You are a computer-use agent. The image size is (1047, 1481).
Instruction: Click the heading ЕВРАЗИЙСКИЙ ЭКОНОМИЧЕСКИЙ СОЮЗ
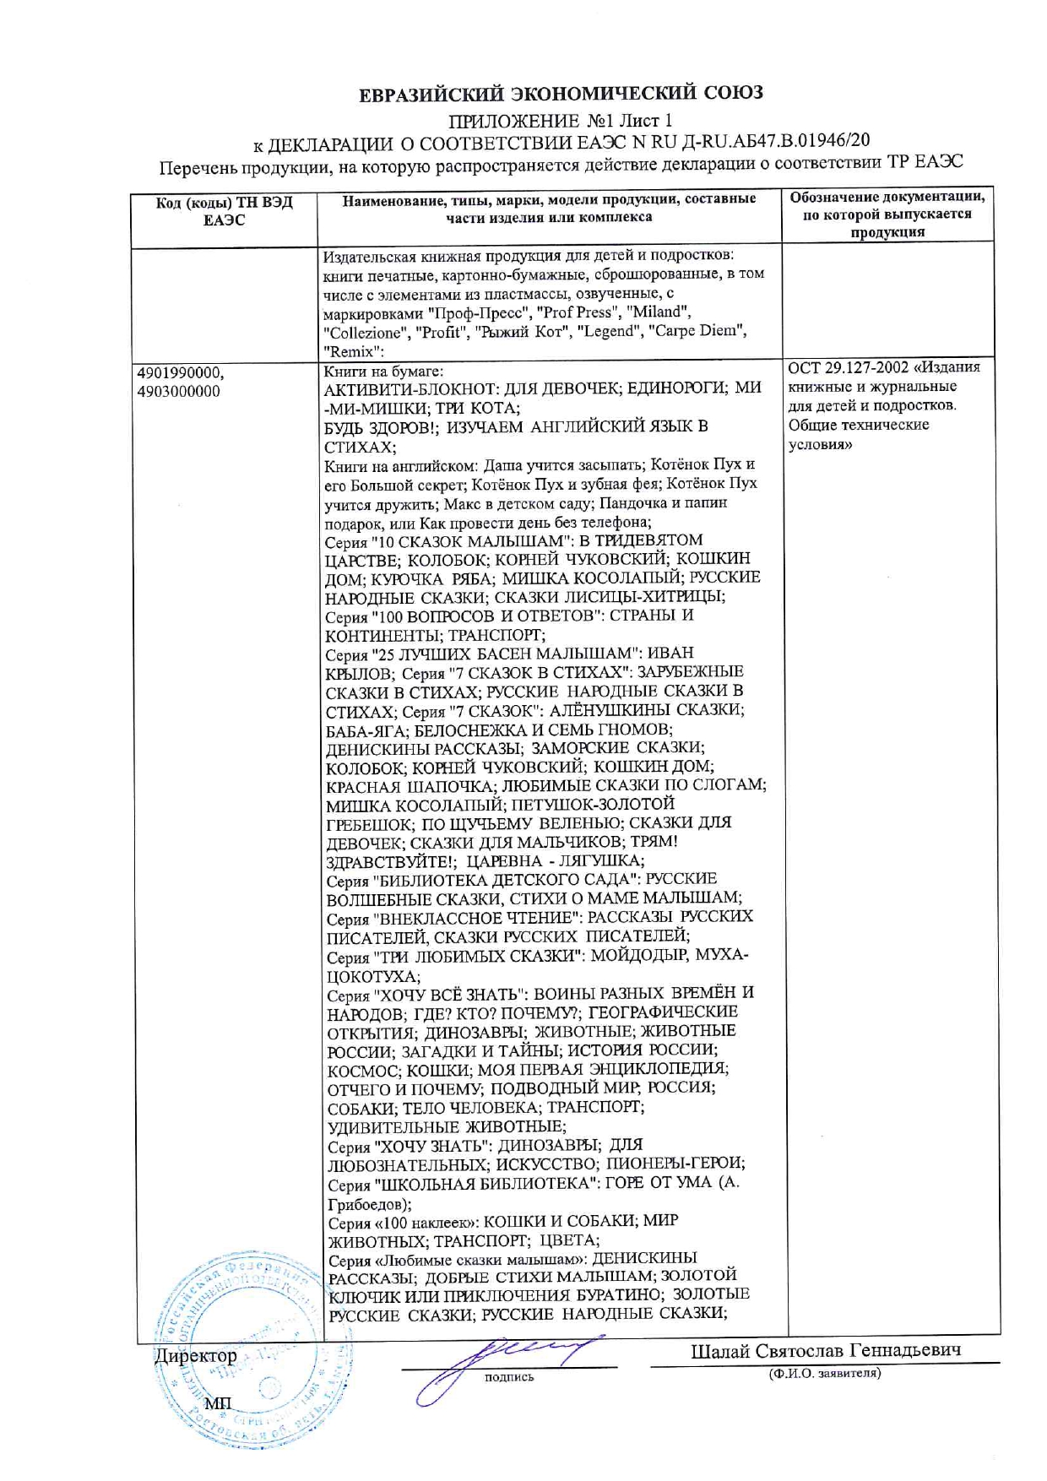click(x=561, y=93)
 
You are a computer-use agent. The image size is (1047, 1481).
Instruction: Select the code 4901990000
click(x=180, y=372)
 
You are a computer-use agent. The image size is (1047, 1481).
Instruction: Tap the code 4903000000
click(x=178, y=391)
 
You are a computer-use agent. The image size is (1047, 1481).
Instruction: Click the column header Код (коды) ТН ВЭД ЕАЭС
click(x=225, y=212)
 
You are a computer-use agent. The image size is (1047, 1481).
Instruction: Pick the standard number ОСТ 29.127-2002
click(x=849, y=368)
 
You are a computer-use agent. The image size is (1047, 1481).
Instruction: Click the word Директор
click(x=196, y=1356)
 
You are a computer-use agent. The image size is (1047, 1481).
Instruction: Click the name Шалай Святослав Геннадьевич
click(x=825, y=1351)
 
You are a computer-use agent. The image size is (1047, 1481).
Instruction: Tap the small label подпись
click(x=508, y=1377)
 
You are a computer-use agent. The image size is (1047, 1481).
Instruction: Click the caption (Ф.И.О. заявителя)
click(x=824, y=1374)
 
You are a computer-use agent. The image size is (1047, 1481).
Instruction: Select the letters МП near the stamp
click(x=217, y=1402)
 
